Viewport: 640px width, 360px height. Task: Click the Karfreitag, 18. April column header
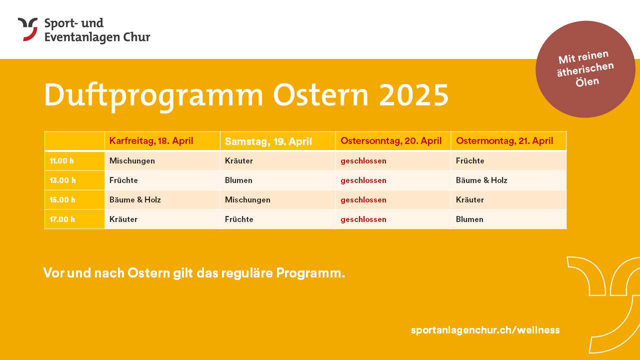coord(151,141)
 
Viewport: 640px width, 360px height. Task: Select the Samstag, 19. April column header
coord(268,141)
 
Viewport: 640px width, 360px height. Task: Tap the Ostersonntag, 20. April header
coord(391,141)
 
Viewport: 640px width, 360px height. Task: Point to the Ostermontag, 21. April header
coord(504,141)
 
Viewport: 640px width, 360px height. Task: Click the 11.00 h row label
coord(61,161)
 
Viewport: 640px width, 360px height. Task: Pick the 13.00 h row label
coord(62,180)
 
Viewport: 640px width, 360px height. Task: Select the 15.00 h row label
coord(62,199)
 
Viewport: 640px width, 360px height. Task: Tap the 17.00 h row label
coord(62,219)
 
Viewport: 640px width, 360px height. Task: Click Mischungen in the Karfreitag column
coord(132,161)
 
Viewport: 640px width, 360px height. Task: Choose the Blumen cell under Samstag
coord(238,180)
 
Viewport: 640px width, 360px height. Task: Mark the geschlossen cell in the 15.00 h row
coord(363,200)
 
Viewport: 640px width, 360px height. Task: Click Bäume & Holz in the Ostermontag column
coord(481,180)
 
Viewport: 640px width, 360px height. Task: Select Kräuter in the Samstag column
coord(239,160)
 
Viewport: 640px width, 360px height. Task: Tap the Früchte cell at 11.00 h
coord(470,160)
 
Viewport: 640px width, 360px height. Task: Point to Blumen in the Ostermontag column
coord(469,219)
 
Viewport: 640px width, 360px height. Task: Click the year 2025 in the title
coord(414,95)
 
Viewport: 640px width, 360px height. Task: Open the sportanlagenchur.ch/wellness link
coord(485,330)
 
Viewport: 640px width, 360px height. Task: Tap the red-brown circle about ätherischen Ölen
coord(585,69)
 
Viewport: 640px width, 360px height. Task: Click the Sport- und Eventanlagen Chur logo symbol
coord(27,29)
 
